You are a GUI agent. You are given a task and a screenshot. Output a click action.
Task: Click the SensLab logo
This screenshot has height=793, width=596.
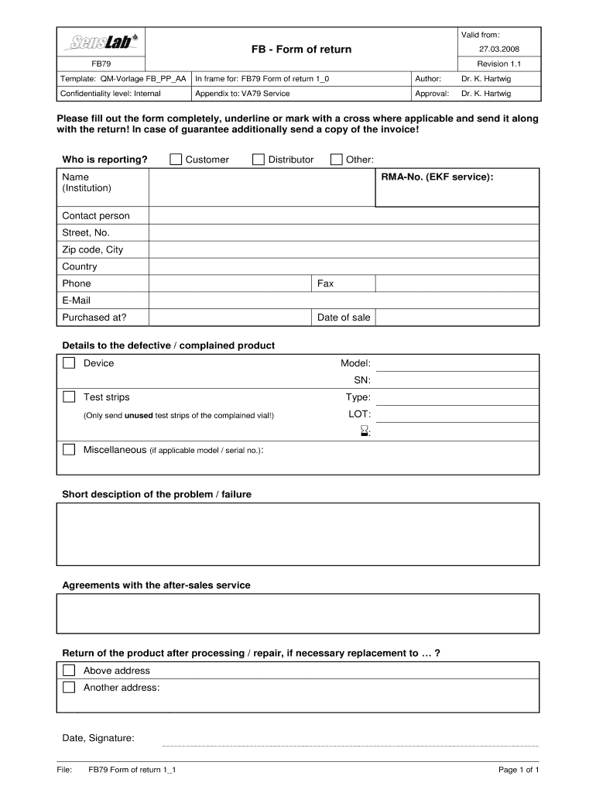tap(101, 41)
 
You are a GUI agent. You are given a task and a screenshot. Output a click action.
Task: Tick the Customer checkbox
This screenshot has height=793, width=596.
tap(176, 160)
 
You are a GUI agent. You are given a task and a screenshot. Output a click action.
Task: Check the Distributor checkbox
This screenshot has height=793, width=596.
tap(259, 160)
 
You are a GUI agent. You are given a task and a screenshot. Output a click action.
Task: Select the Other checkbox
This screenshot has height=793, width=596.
tap(336, 160)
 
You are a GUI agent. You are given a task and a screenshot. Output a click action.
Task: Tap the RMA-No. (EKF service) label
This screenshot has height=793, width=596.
tap(437, 177)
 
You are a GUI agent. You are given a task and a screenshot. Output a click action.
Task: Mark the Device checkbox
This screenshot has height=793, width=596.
tap(69, 363)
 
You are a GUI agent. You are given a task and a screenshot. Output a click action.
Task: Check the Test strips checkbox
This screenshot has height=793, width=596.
tap(69, 397)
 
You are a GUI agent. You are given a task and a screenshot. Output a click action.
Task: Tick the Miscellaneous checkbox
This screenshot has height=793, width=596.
tap(69, 450)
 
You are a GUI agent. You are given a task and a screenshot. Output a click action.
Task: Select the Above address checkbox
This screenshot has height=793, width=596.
tap(69, 671)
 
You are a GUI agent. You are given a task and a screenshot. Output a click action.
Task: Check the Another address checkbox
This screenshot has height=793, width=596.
tap(69, 688)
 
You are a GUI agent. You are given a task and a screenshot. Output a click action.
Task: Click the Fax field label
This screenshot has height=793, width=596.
tap(325, 283)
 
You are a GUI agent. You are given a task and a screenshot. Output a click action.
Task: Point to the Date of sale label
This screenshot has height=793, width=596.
tap(344, 318)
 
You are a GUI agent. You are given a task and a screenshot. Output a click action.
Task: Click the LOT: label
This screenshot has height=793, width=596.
tap(359, 414)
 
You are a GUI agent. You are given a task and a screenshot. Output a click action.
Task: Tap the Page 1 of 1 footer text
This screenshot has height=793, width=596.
tap(519, 770)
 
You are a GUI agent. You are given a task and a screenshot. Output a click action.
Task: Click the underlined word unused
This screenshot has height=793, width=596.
tap(139, 416)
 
